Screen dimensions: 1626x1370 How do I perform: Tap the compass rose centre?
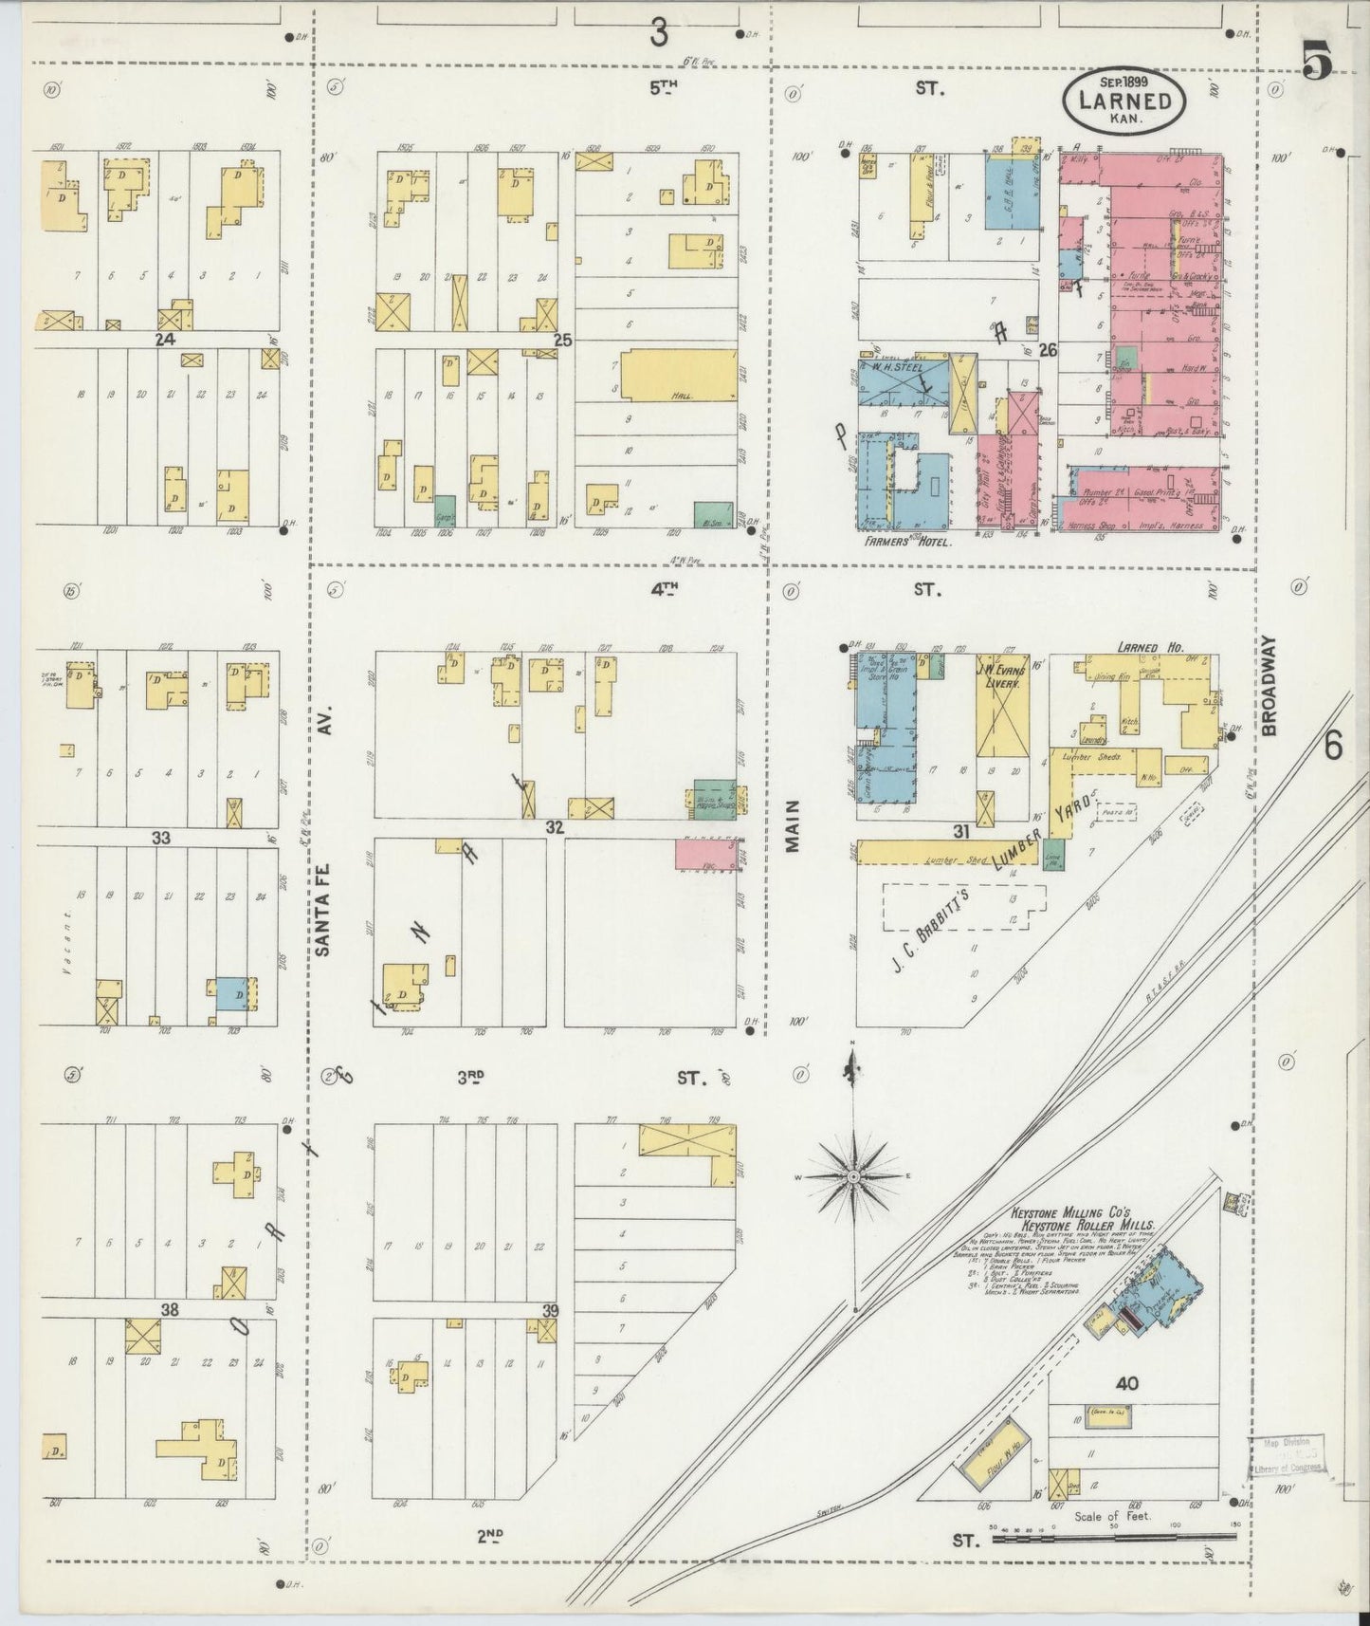(853, 1176)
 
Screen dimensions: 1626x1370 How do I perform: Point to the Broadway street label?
(1270, 685)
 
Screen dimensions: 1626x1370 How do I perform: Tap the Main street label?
(793, 825)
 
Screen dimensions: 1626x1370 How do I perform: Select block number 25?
(563, 340)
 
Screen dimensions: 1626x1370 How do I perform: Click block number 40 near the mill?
(1126, 1383)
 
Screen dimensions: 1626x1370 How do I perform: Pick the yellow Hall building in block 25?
(679, 375)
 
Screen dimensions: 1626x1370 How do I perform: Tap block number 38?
(170, 1310)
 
